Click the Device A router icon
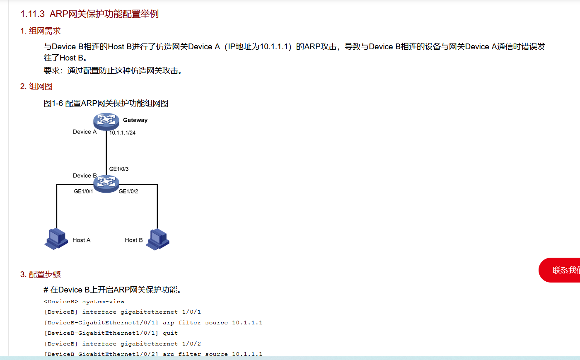point(106,121)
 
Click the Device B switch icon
point(106,184)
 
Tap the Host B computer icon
point(158,239)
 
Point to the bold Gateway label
point(135,120)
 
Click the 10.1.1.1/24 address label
point(122,133)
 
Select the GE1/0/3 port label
point(119,169)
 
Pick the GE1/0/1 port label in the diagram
point(83,191)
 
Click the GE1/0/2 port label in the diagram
point(128,191)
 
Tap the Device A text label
point(85,132)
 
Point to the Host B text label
point(133,240)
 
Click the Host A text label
point(81,240)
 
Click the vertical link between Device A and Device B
point(106,151)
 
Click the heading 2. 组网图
point(36,87)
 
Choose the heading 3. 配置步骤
point(41,274)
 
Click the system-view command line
point(84,302)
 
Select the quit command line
point(111,333)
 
